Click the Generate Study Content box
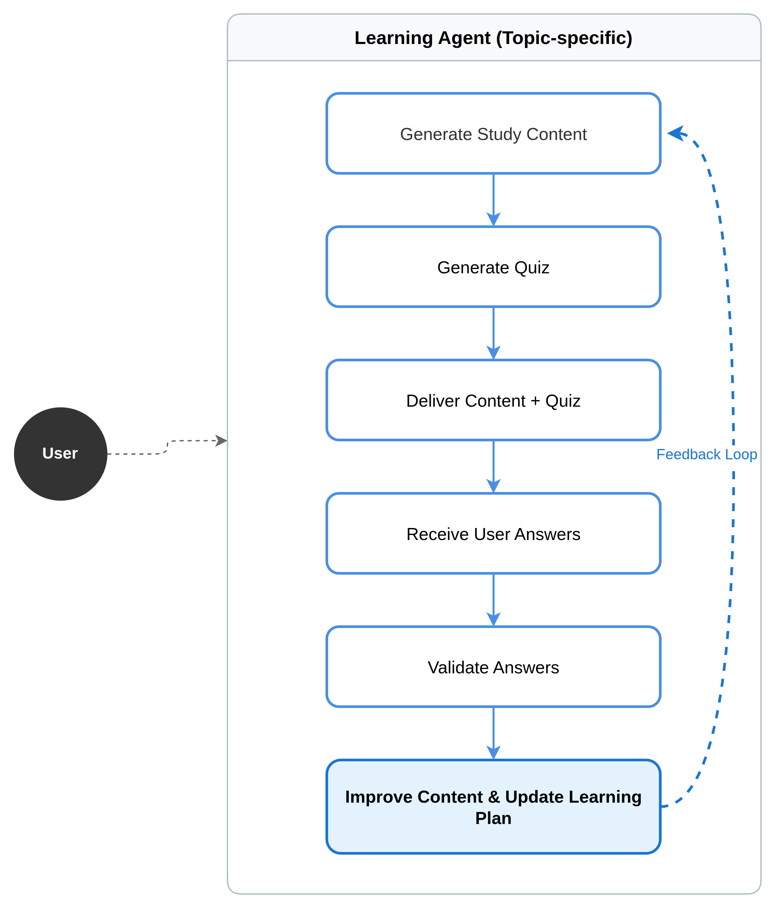493,134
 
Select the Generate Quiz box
493,267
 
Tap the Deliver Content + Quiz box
493,400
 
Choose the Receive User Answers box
493,533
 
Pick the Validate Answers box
493,667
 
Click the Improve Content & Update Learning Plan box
493,807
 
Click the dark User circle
60,454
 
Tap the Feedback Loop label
707,454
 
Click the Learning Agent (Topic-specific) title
493,38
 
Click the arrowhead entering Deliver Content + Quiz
494,353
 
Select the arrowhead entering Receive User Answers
494,486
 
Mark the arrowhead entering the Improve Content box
494,752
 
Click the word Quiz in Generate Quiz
532,267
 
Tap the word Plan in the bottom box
493,818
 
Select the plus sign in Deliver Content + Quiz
535,401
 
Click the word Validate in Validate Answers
458,667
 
